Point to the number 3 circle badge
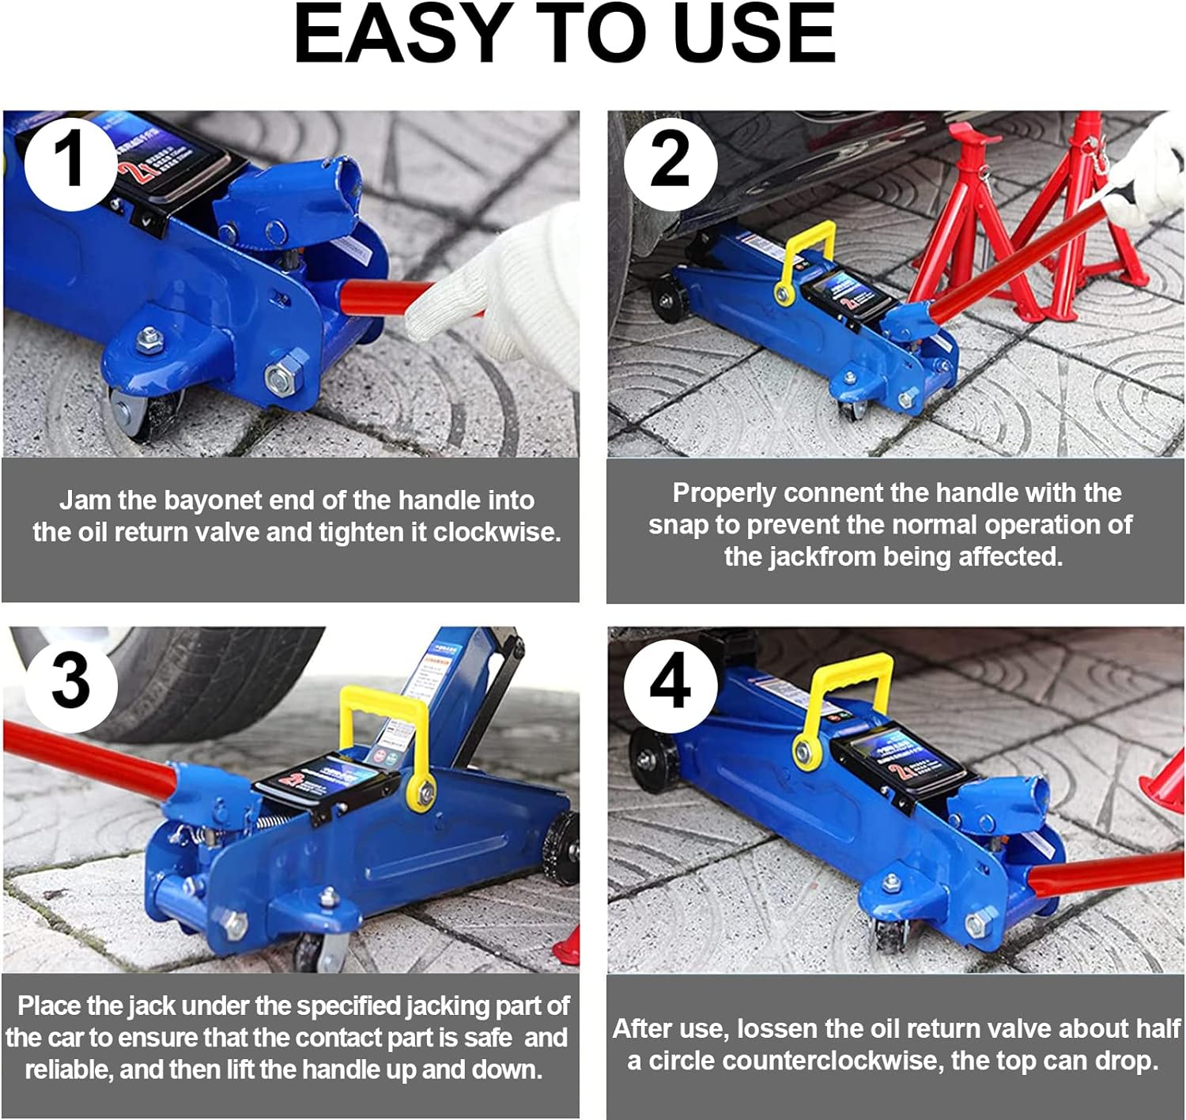(71, 681)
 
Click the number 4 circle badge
(670, 681)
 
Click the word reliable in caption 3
(68, 1070)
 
